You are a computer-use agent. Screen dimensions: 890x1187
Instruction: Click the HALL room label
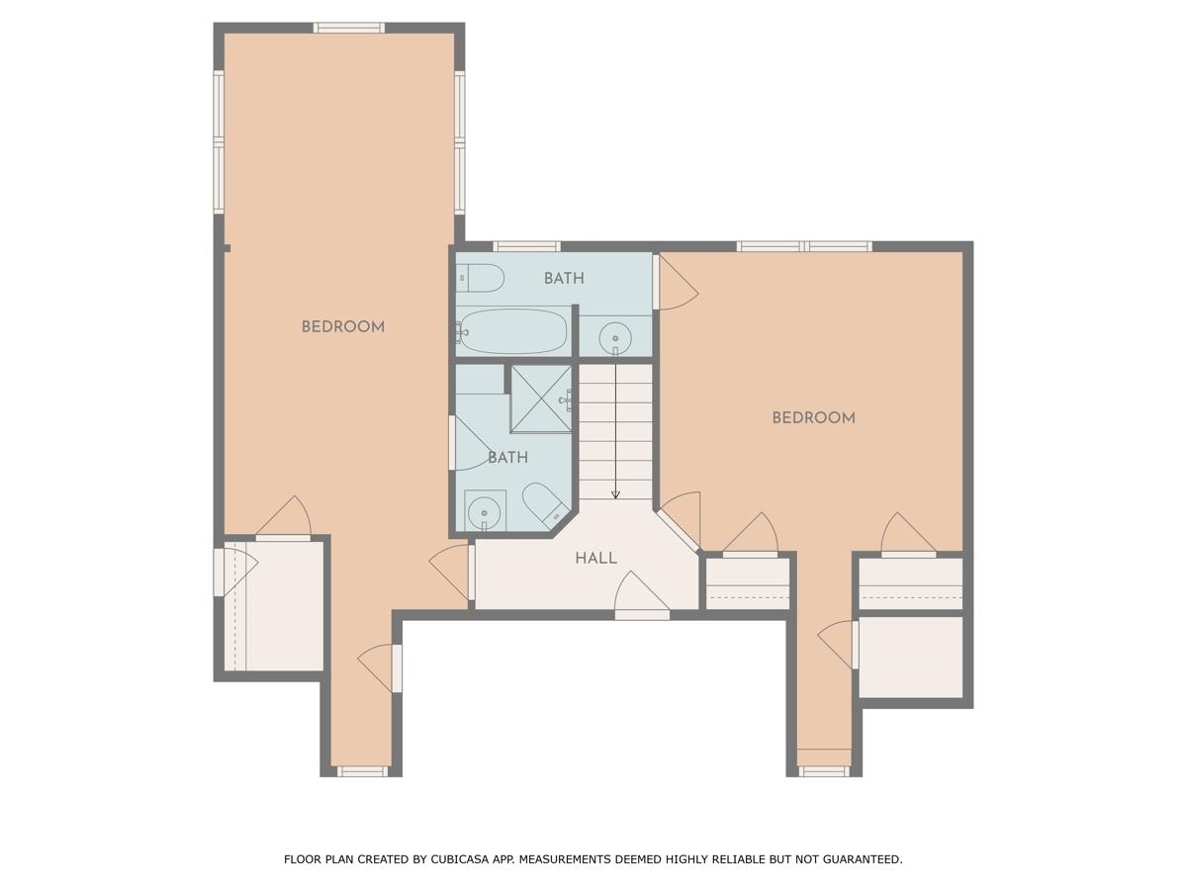point(595,559)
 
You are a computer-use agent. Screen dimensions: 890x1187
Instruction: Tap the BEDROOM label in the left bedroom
point(342,327)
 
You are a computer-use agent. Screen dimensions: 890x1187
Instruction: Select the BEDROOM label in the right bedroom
point(813,418)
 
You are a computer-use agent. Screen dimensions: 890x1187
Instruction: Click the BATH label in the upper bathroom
point(564,279)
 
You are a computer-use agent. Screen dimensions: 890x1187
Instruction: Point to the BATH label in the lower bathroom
point(507,458)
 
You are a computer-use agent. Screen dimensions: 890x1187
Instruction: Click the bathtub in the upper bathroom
point(512,331)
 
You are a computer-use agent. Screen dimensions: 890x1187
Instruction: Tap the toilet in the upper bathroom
point(482,278)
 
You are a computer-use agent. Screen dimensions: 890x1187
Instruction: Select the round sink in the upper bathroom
point(615,336)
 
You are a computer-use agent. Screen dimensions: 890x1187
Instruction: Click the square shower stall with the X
point(541,399)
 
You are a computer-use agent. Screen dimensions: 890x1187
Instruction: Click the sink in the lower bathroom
point(484,510)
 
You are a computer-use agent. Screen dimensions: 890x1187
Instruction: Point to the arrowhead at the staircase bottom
point(615,493)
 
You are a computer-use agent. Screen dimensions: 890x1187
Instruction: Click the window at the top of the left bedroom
point(348,28)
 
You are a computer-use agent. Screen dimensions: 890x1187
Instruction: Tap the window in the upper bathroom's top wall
point(526,246)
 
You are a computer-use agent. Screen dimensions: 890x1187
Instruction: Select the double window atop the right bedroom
point(803,246)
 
